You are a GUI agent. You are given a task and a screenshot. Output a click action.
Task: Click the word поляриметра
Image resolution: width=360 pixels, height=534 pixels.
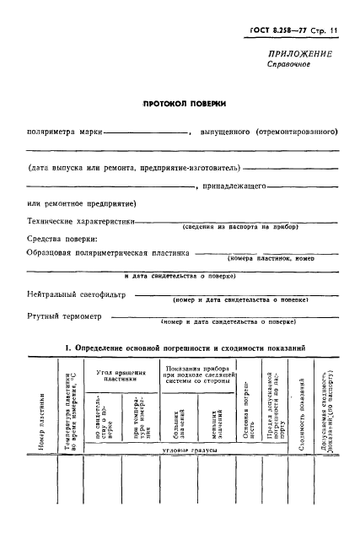point(50,132)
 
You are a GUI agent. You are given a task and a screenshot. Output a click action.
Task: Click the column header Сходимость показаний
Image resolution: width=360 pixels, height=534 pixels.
point(301,418)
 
